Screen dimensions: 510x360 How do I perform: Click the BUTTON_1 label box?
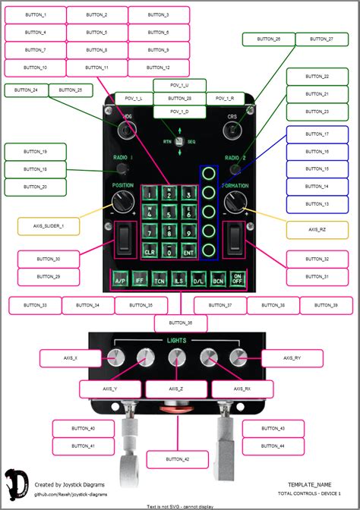click(x=35, y=15)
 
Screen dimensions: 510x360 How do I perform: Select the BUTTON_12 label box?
click(x=158, y=68)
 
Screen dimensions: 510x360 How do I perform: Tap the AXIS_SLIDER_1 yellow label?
click(x=47, y=226)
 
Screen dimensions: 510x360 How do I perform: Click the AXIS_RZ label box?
click(x=317, y=229)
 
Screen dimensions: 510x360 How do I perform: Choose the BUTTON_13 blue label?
click(x=317, y=204)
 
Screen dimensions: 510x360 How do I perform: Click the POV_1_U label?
click(x=179, y=86)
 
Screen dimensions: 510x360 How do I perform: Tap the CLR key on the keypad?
click(x=150, y=251)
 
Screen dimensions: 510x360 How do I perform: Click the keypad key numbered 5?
click(x=168, y=213)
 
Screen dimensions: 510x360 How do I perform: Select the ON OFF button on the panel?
click(x=238, y=279)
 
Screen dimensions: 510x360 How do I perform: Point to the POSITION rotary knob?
click(x=122, y=203)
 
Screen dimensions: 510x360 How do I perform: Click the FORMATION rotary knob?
click(x=235, y=203)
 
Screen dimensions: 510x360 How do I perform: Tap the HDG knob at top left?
click(x=125, y=130)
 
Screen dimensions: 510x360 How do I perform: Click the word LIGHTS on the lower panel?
click(x=176, y=341)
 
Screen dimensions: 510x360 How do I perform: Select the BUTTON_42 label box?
click(x=176, y=459)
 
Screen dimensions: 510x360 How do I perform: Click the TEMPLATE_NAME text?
click(x=310, y=483)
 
